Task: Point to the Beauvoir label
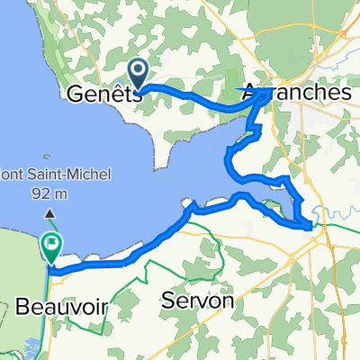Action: point(60,307)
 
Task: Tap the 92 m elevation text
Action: point(49,193)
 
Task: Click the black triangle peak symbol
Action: point(49,213)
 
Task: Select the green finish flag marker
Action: point(51,244)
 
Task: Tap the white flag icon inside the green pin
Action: point(51,241)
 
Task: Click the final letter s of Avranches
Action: point(345,94)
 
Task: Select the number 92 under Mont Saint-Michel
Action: point(42,193)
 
